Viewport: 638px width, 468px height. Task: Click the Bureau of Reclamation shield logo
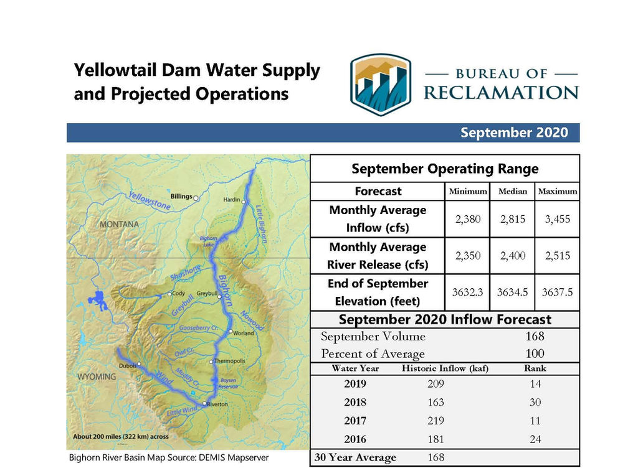380,85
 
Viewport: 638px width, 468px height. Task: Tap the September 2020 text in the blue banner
514,133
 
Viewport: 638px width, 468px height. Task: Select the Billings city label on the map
181,197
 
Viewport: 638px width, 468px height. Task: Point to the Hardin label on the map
231,200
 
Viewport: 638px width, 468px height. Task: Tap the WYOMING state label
97,377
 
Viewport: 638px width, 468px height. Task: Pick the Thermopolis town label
231,361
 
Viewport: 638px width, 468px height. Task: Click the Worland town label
244,333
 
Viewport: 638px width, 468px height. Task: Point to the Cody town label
178,294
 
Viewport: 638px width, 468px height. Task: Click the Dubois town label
127,366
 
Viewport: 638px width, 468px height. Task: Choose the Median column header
512,191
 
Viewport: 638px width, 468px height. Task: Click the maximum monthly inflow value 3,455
556,219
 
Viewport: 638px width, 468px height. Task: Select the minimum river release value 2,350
467,256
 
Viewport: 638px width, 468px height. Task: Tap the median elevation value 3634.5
512,292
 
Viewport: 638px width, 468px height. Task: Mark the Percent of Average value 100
534,353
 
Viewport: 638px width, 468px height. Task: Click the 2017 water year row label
355,421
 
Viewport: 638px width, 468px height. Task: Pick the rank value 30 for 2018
534,402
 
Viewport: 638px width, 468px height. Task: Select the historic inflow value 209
436,384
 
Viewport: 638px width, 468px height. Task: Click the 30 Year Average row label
355,457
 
